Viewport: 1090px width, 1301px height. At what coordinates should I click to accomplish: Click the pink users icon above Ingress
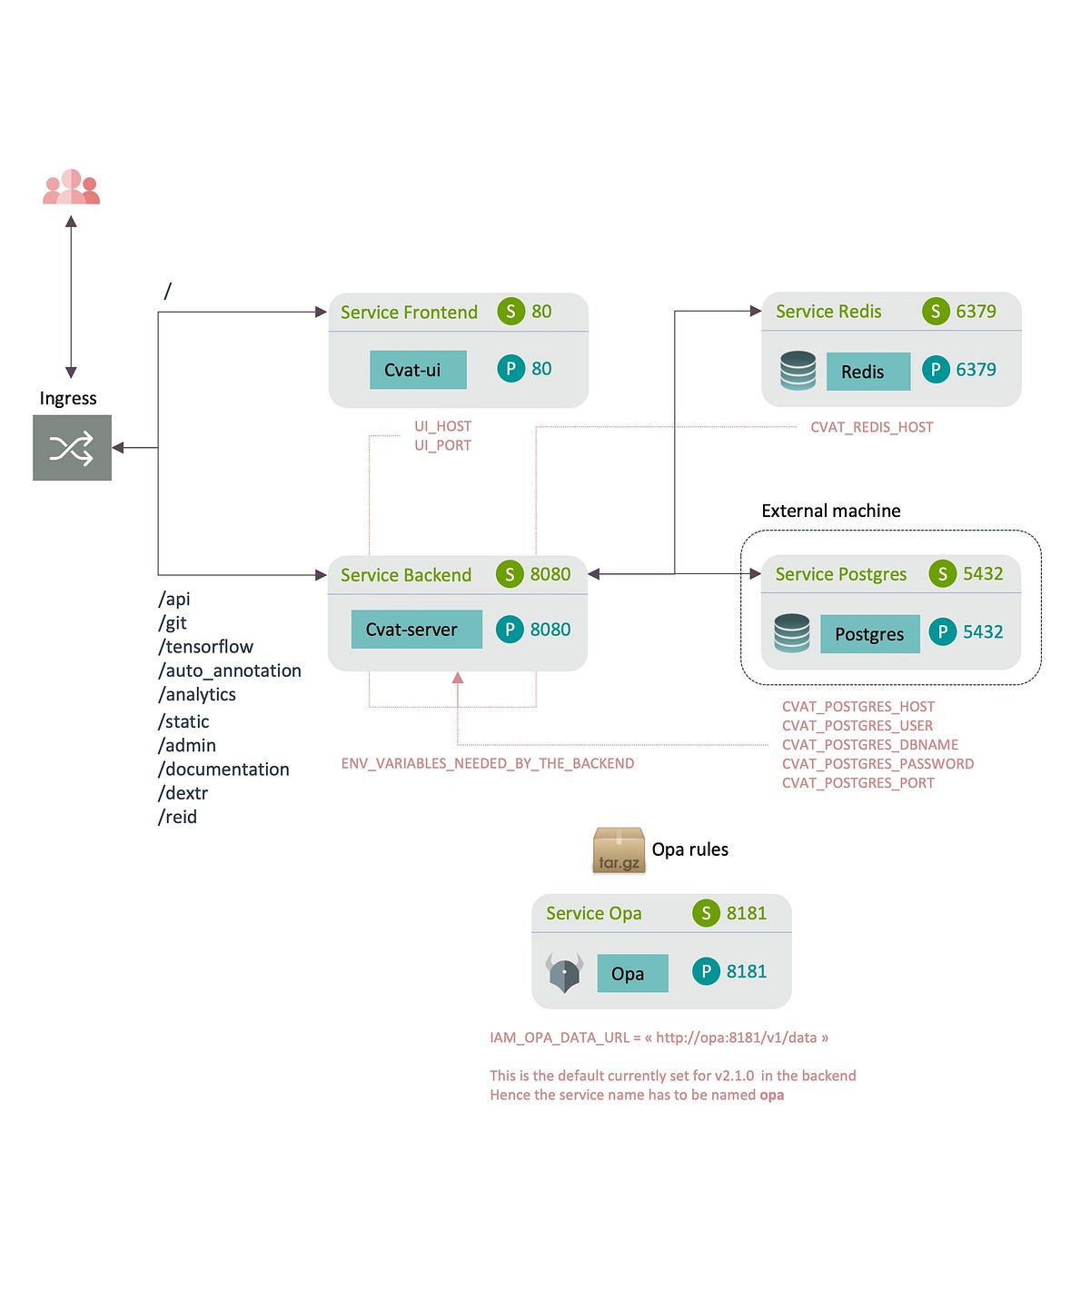[x=71, y=187]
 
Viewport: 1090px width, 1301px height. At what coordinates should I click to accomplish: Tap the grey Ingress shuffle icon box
[x=72, y=448]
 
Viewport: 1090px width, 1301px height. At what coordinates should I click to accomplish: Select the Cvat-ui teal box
[x=418, y=370]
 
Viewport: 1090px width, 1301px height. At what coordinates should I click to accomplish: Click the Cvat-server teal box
[x=416, y=630]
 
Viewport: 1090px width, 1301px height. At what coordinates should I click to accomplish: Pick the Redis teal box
[x=867, y=372]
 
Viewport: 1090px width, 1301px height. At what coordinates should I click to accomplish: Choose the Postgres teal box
[x=869, y=634]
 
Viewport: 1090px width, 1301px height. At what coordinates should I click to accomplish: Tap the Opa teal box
[x=632, y=973]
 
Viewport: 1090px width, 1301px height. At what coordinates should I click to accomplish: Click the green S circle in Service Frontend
[x=510, y=312]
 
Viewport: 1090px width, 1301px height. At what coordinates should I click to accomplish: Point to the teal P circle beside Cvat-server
[x=510, y=629]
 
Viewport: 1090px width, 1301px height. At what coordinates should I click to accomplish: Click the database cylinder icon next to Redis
[x=798, y=371]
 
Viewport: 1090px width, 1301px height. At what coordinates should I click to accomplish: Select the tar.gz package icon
[x=619, y=850]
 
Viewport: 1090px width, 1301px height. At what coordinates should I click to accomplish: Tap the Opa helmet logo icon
[x=564, y=973]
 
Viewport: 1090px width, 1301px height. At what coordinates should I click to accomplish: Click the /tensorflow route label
[x=206, y=647]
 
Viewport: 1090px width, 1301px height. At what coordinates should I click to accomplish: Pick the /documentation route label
[x=223, y=770]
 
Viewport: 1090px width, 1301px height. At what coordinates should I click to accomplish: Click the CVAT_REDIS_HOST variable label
[x=871, y=427]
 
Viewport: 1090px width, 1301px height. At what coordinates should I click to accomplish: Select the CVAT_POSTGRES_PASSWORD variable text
[x=877, y=764]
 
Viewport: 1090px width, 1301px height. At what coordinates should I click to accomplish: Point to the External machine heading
[x=830, y=511]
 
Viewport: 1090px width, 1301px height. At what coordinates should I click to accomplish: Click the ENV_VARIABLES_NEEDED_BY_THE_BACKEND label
[x=487, y=763]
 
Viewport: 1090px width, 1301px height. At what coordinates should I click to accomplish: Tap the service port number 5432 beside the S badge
[x=983, y=573]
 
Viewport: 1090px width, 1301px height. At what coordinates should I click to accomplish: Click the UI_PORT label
[x=442, y=445]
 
